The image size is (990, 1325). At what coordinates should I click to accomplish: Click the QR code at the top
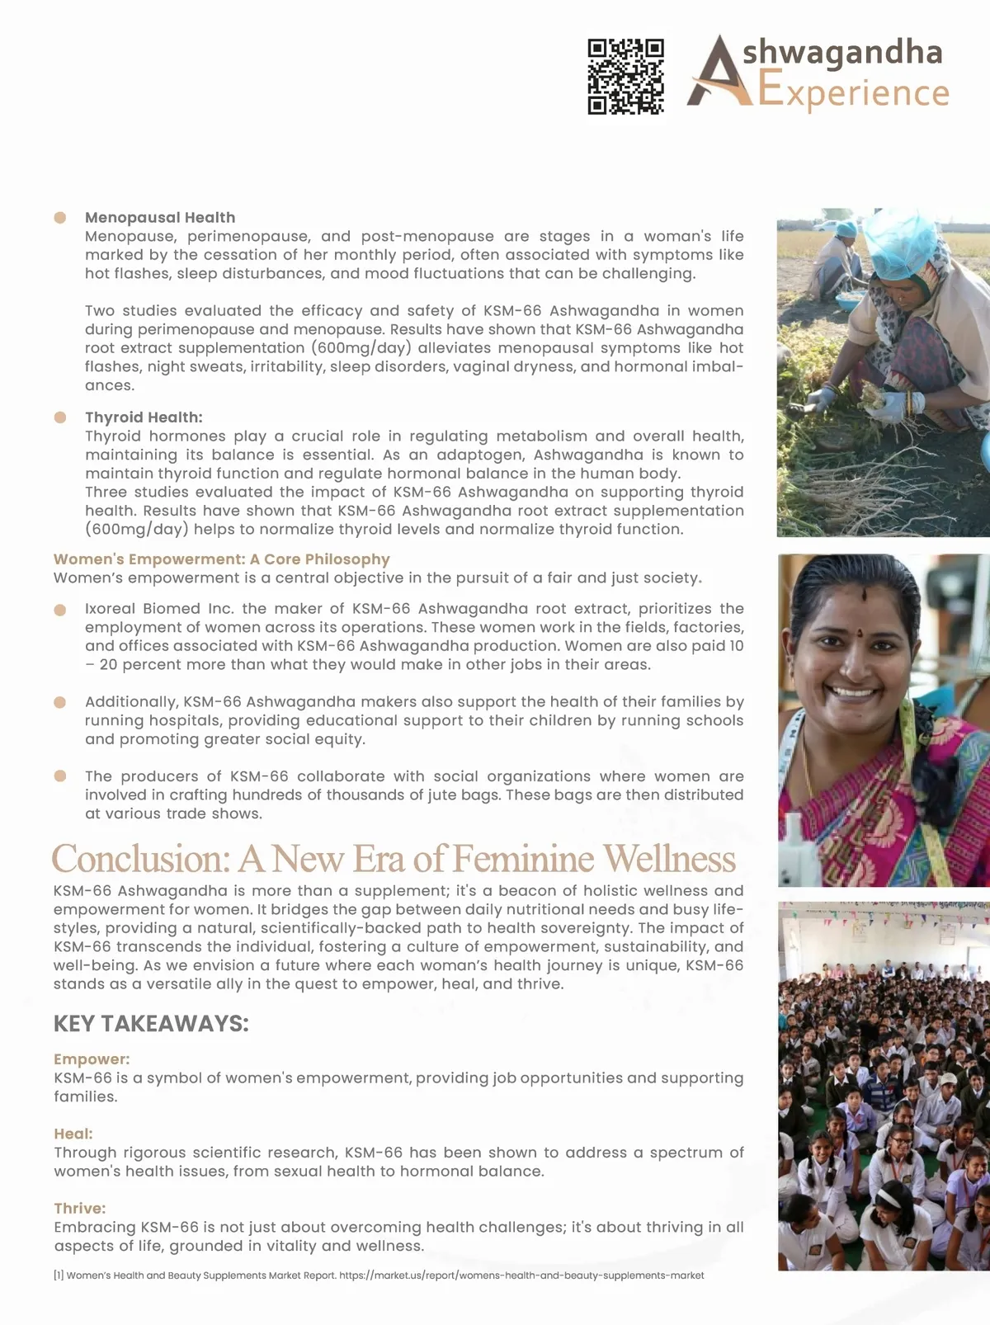[x=625, y=76]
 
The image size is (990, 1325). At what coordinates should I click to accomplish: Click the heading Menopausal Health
[x=160, y=218]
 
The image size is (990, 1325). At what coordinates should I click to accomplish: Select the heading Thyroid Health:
[x=144, y=417]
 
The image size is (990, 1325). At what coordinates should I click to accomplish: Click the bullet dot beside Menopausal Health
[x=60, y=218]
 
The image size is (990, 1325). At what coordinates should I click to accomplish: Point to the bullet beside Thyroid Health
[x=60, y=417]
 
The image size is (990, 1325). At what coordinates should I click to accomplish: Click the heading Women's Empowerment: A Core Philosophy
[x=221, y=559]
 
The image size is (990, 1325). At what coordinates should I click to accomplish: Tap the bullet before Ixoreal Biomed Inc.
[x=60, y=610]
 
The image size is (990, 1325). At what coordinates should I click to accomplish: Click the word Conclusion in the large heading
[x=140, y=859]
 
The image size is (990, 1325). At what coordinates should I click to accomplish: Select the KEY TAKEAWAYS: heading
[x=151, y=1024]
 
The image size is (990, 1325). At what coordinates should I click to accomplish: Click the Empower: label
[x=92, y=1059]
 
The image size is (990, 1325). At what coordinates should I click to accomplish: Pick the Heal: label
[x=73, y=1134]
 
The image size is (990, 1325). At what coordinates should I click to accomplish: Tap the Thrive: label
[x=80, y=1209]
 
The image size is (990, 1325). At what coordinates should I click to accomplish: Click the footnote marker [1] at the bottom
[x=59, y=1275]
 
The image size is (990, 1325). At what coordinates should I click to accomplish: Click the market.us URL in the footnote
[x=521, y=1275]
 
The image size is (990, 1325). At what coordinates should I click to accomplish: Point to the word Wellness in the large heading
[x=669, y=859]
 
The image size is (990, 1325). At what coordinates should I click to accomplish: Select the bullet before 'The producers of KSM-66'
[x=60, y=776]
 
